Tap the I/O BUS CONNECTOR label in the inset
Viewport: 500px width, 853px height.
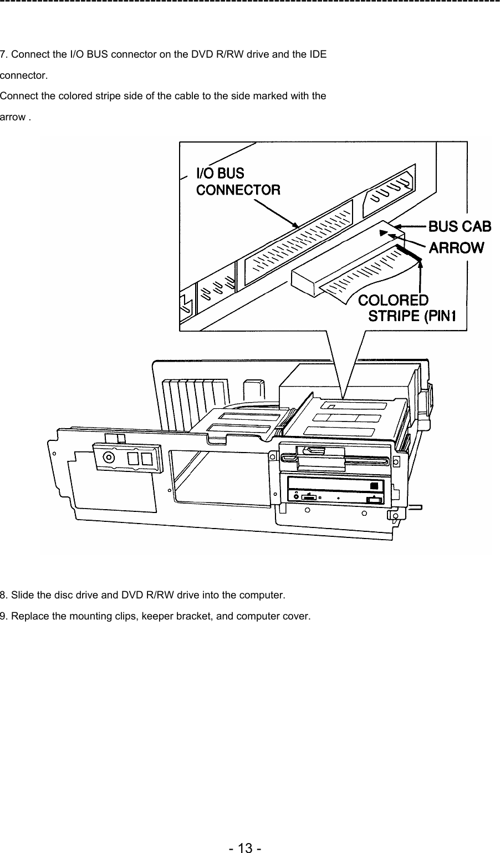tap(238, 181)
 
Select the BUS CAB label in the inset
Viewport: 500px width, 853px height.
tap(460, 226)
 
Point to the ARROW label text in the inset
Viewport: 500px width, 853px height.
tap(457, 247)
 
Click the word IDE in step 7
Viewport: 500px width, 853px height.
tap(318, 54)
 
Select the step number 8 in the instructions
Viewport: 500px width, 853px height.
tap(3, 596)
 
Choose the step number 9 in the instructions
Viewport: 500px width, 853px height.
tap(3, 616)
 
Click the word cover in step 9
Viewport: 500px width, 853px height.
tap(297, 616)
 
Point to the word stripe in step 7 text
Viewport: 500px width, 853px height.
tap(96, 97)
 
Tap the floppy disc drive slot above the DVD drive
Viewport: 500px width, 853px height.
tap(338, 458)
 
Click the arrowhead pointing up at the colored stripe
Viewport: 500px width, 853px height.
tap(421, 265)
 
